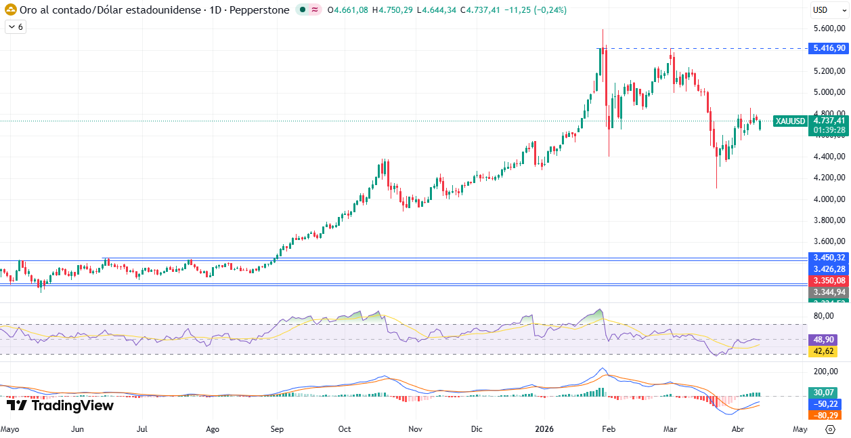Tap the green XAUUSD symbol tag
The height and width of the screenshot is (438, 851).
(x=790, y=121)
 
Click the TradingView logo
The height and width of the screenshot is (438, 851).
(x=60, y=405)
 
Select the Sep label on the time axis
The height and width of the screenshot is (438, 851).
(x=276, y=429)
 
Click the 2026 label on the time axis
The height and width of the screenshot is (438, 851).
(x=545, y=429)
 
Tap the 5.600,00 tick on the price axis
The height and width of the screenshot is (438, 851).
(x=829, y=28)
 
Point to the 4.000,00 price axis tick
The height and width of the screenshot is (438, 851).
(x=829, y=199)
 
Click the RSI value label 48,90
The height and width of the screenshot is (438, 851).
(x=823, y=339)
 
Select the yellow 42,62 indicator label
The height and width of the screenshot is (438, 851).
(x=823, y=351)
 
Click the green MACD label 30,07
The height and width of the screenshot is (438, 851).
(x=823, y=393)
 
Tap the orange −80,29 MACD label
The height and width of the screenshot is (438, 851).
(x=823, y=415)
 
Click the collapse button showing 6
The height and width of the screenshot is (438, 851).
(x=15, y=26)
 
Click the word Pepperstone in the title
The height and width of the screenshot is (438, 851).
(x=263, y=10)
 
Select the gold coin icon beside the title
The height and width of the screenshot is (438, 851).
(x=10, y=10)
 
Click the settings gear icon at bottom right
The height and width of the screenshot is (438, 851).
(x=830, y=429)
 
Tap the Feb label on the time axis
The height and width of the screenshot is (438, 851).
(x=609, y=429)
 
